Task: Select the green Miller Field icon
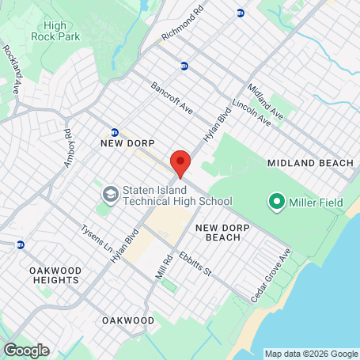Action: pyautogui.click(x=277, y=203)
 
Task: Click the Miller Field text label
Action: pyautogui.click(x=316, y=203)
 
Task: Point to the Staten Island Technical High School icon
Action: pyautogui.click(x=108, y=192)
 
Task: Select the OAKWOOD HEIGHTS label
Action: pyautogui.click(x=55, y=275)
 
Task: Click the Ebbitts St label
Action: pyautogui.click(x=195, y=263)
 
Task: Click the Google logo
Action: pyautogui.click(x=26, y=350)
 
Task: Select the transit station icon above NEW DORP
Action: pyautogui.click(x=115, y=132)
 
